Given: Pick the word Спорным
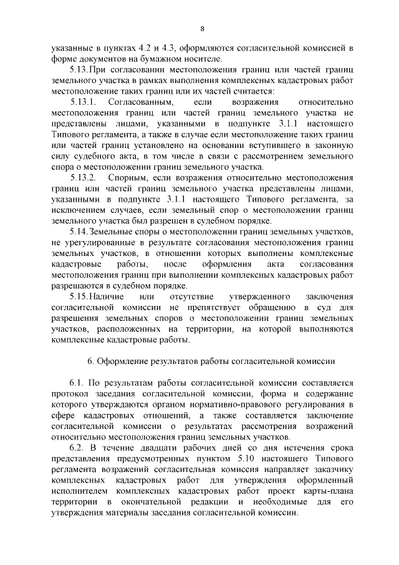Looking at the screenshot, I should click(x=133, y=179).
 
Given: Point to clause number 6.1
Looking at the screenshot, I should click(x=76, y=382).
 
